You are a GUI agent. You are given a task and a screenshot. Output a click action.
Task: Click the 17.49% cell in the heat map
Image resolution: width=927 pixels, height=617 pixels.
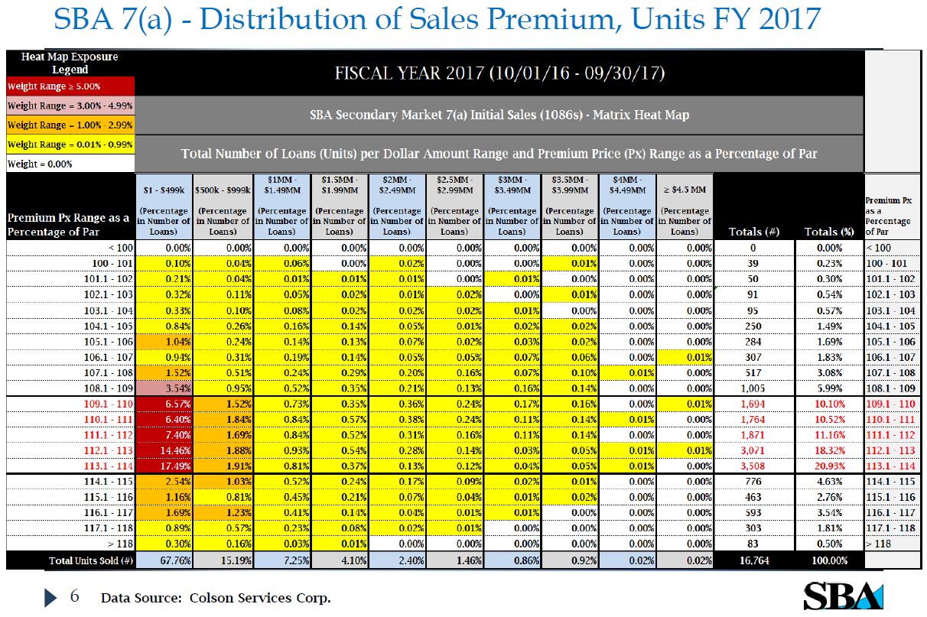[165, 466]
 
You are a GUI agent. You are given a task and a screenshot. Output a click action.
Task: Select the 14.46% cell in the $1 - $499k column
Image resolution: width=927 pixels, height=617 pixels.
[165, 451]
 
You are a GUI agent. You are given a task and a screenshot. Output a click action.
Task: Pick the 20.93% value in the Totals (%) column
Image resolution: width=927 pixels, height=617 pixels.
[829, 466]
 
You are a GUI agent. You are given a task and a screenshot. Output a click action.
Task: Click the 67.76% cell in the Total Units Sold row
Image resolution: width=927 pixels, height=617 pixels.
[165, 560]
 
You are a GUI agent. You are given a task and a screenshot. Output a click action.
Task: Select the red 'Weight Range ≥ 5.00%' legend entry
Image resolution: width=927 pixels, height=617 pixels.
[70, 86]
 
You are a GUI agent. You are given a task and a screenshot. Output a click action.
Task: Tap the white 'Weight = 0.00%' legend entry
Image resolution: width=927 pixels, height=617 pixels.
[70, 164]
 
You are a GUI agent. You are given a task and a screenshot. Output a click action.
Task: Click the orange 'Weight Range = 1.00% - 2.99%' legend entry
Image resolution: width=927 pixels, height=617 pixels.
[70, 125]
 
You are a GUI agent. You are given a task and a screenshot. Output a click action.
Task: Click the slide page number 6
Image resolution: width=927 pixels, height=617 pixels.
[74, 596]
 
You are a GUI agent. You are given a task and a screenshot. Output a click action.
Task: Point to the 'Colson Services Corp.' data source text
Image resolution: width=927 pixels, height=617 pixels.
[260, 598]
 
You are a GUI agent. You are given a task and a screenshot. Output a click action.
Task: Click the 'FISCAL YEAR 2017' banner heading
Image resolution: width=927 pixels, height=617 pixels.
[499, 74]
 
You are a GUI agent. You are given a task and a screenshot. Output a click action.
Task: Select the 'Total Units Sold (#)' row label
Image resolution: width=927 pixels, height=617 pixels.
[70, 560]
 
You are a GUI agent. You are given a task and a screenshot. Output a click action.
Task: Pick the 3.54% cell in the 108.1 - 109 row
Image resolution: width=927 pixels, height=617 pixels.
[165, 388]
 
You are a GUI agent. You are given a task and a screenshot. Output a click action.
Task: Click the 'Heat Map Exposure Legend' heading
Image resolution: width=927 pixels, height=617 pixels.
[70, 63]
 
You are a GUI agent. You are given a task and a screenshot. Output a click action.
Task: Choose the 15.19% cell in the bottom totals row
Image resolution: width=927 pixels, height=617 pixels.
[223, 560]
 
